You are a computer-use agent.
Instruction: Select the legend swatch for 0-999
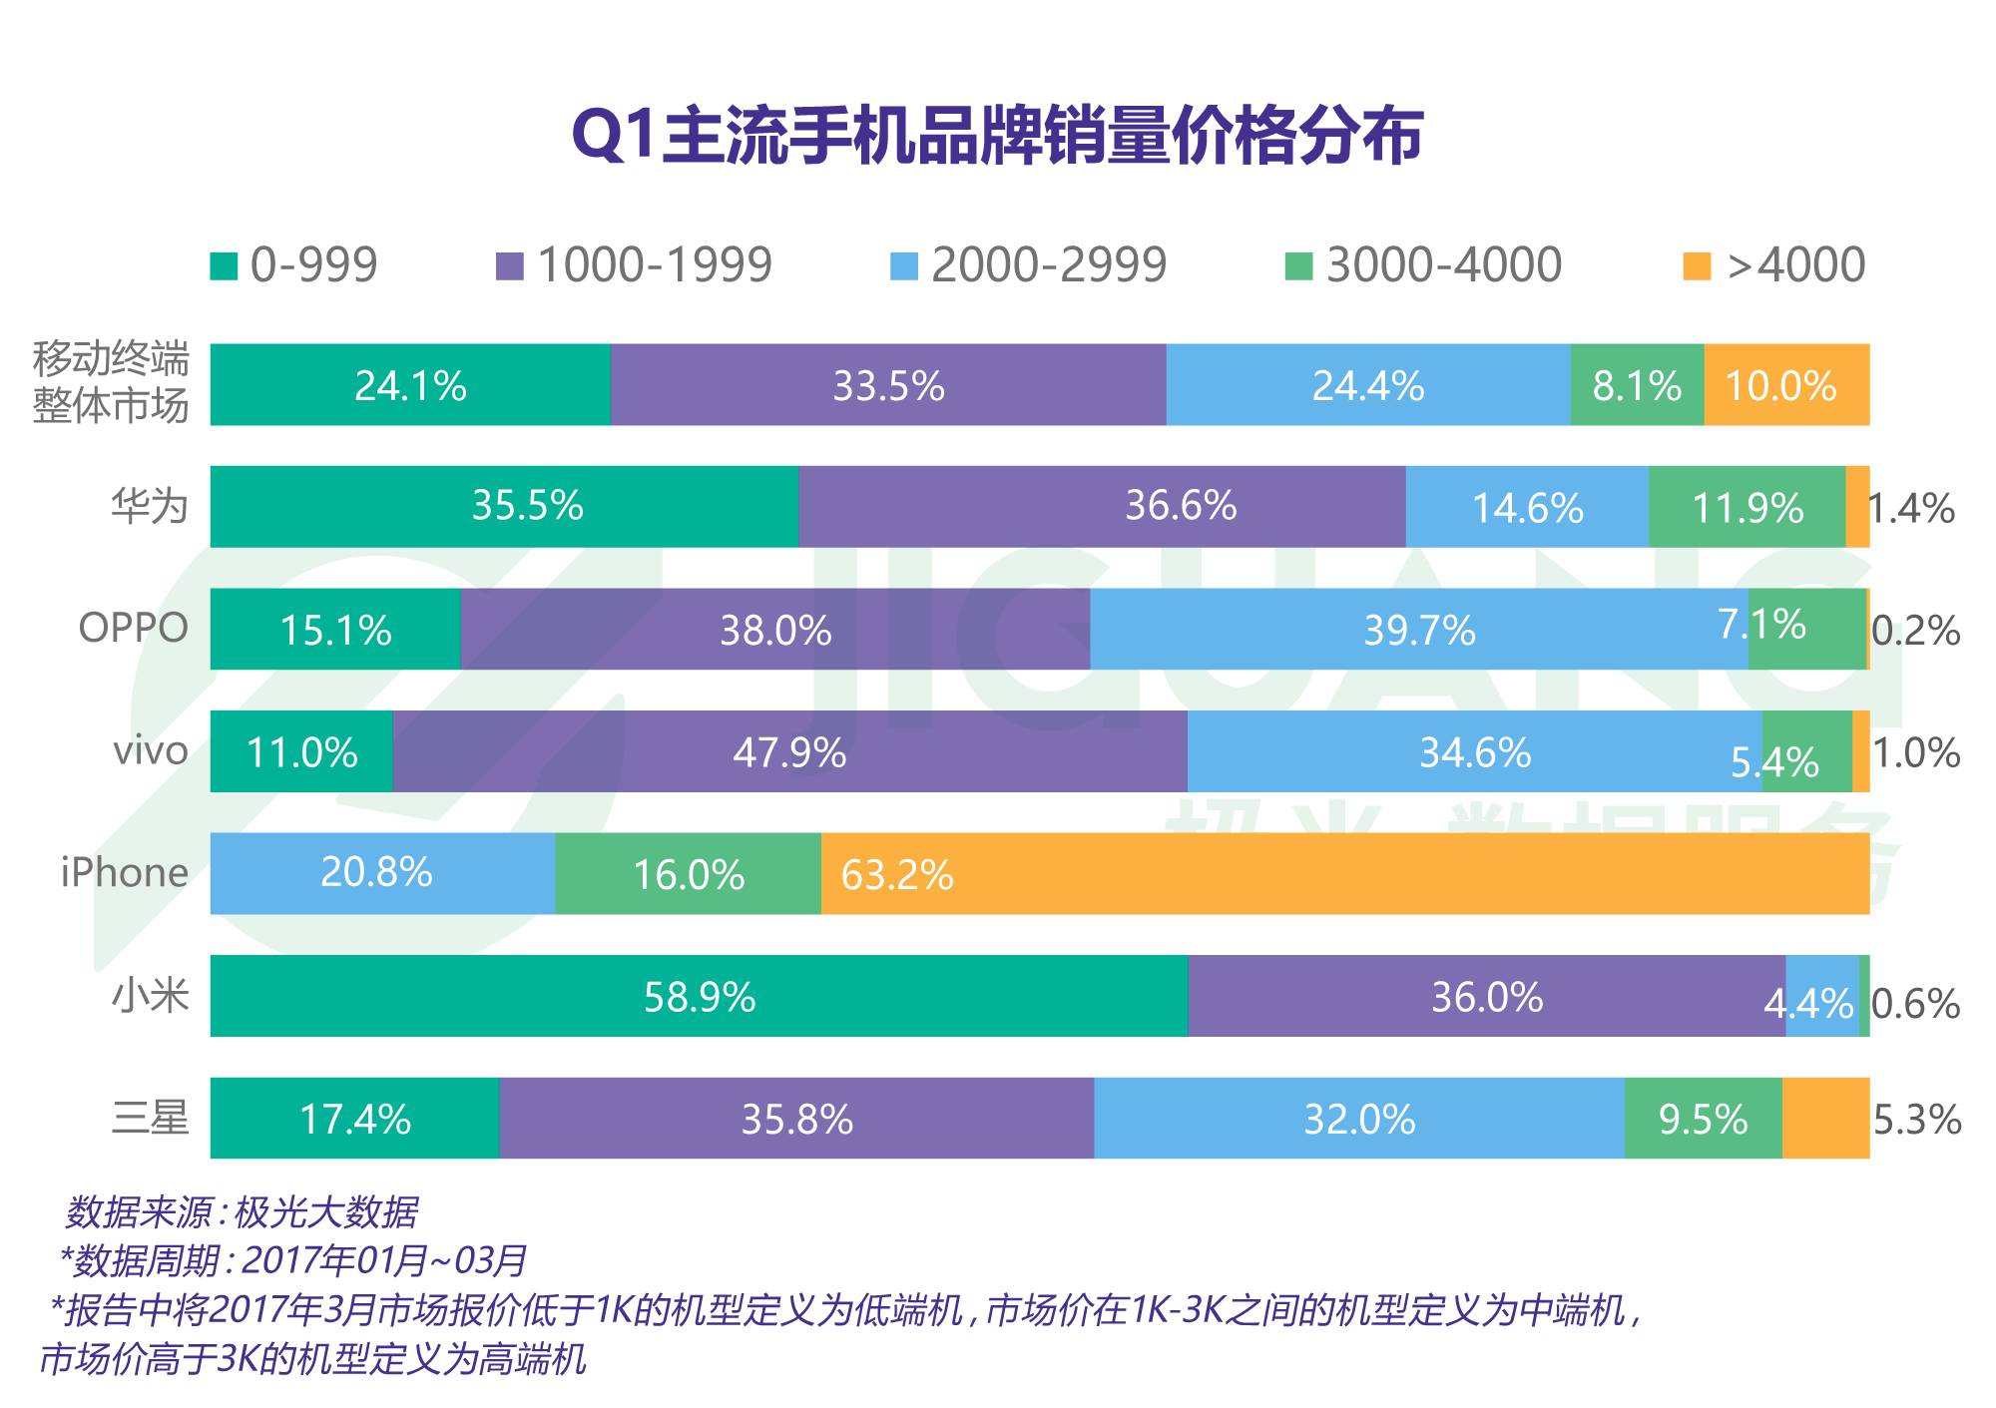(224, 266)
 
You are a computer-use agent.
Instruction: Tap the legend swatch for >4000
(1696, 266)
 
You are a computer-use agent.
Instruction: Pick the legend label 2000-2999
(1048, 265)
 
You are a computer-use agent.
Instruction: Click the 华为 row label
(150, 506)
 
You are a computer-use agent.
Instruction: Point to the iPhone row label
(125, 873)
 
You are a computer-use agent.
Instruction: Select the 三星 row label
(150, 1118)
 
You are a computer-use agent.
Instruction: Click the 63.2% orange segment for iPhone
(1344, 873)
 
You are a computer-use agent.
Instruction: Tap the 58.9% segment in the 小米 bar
(699, 996)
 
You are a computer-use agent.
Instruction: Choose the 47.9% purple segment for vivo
(789, 751)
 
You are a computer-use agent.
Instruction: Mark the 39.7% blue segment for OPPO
(1418, 629)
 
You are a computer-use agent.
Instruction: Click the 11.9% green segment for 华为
(1746, 507)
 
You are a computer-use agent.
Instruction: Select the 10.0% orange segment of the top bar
(1785, 385)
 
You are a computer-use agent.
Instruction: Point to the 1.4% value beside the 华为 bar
(1910, 509)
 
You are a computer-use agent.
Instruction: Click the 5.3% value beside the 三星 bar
(1916, 1120)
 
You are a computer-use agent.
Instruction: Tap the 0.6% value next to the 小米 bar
(1915, 1004)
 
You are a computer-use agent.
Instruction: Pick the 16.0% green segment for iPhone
(688, 874)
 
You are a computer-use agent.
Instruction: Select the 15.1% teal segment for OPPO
(335, 630)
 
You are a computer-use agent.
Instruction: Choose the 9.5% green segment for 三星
(1703, 1119)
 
